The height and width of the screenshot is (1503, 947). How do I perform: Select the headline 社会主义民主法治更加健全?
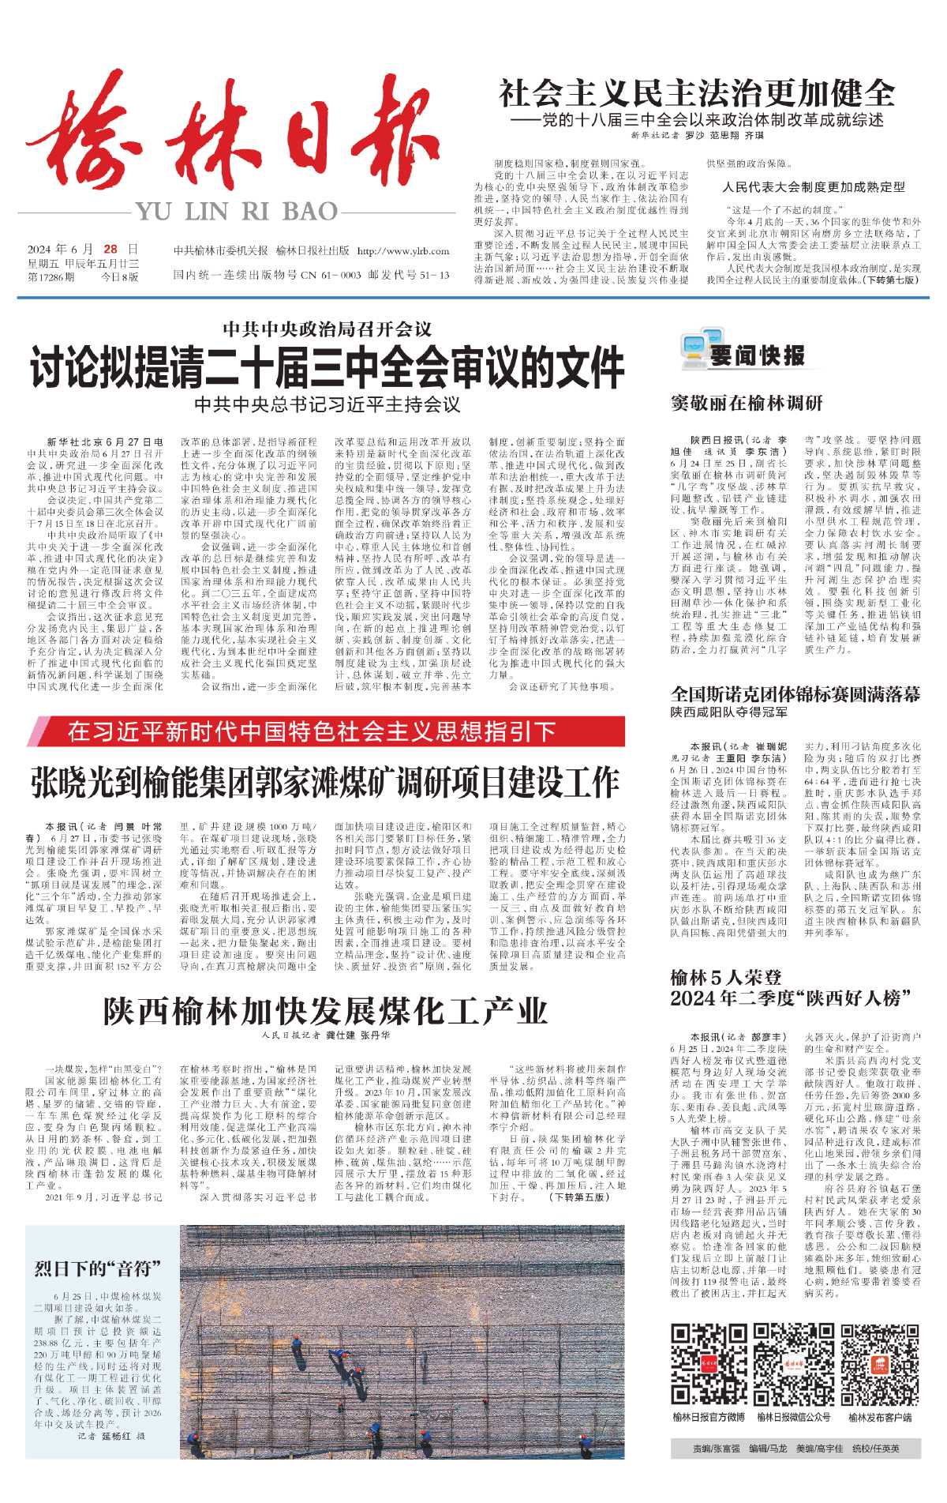point(697,94)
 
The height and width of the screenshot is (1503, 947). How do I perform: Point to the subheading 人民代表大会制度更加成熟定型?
point(814,187)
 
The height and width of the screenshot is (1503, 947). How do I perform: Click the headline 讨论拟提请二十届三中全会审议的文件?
point(327,367)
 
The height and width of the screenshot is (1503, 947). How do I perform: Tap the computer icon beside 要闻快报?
point(694,353)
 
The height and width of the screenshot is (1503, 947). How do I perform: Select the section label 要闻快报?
point(757,355)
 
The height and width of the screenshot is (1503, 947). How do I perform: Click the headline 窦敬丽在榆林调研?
point(747,403)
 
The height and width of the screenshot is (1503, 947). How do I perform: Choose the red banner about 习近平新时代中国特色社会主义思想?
point(325,731)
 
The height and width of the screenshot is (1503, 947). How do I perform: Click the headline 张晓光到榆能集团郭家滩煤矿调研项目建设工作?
point(325,783)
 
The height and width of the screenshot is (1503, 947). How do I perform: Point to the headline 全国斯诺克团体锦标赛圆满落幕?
point(795,694)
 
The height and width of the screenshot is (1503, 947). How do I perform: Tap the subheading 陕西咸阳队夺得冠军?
point(729,712)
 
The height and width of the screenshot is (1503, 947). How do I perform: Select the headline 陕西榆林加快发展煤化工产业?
point(325,1011)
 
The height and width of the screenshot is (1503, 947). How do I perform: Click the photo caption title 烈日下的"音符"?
point(98,1268)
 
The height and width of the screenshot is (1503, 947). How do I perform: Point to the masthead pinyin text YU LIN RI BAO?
point(237,212)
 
